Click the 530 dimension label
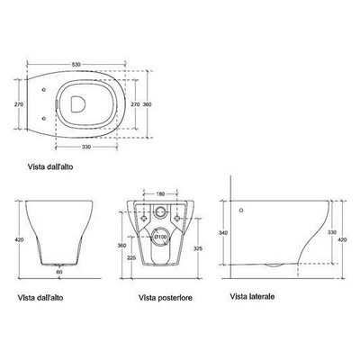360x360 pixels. click(76, 64)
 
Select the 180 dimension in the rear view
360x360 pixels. click(160, 194)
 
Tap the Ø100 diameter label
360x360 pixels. click(160, 237)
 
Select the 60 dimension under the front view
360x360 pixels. click(59, 272)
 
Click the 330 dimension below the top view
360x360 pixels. click(86, 147)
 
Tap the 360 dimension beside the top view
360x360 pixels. click(147, 104)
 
